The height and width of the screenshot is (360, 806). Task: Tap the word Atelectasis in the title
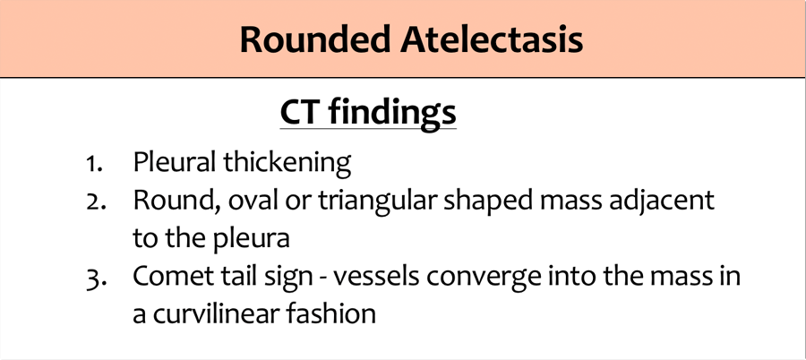coord(492,39)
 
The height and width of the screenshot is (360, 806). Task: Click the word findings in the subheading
coord(392,113)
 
